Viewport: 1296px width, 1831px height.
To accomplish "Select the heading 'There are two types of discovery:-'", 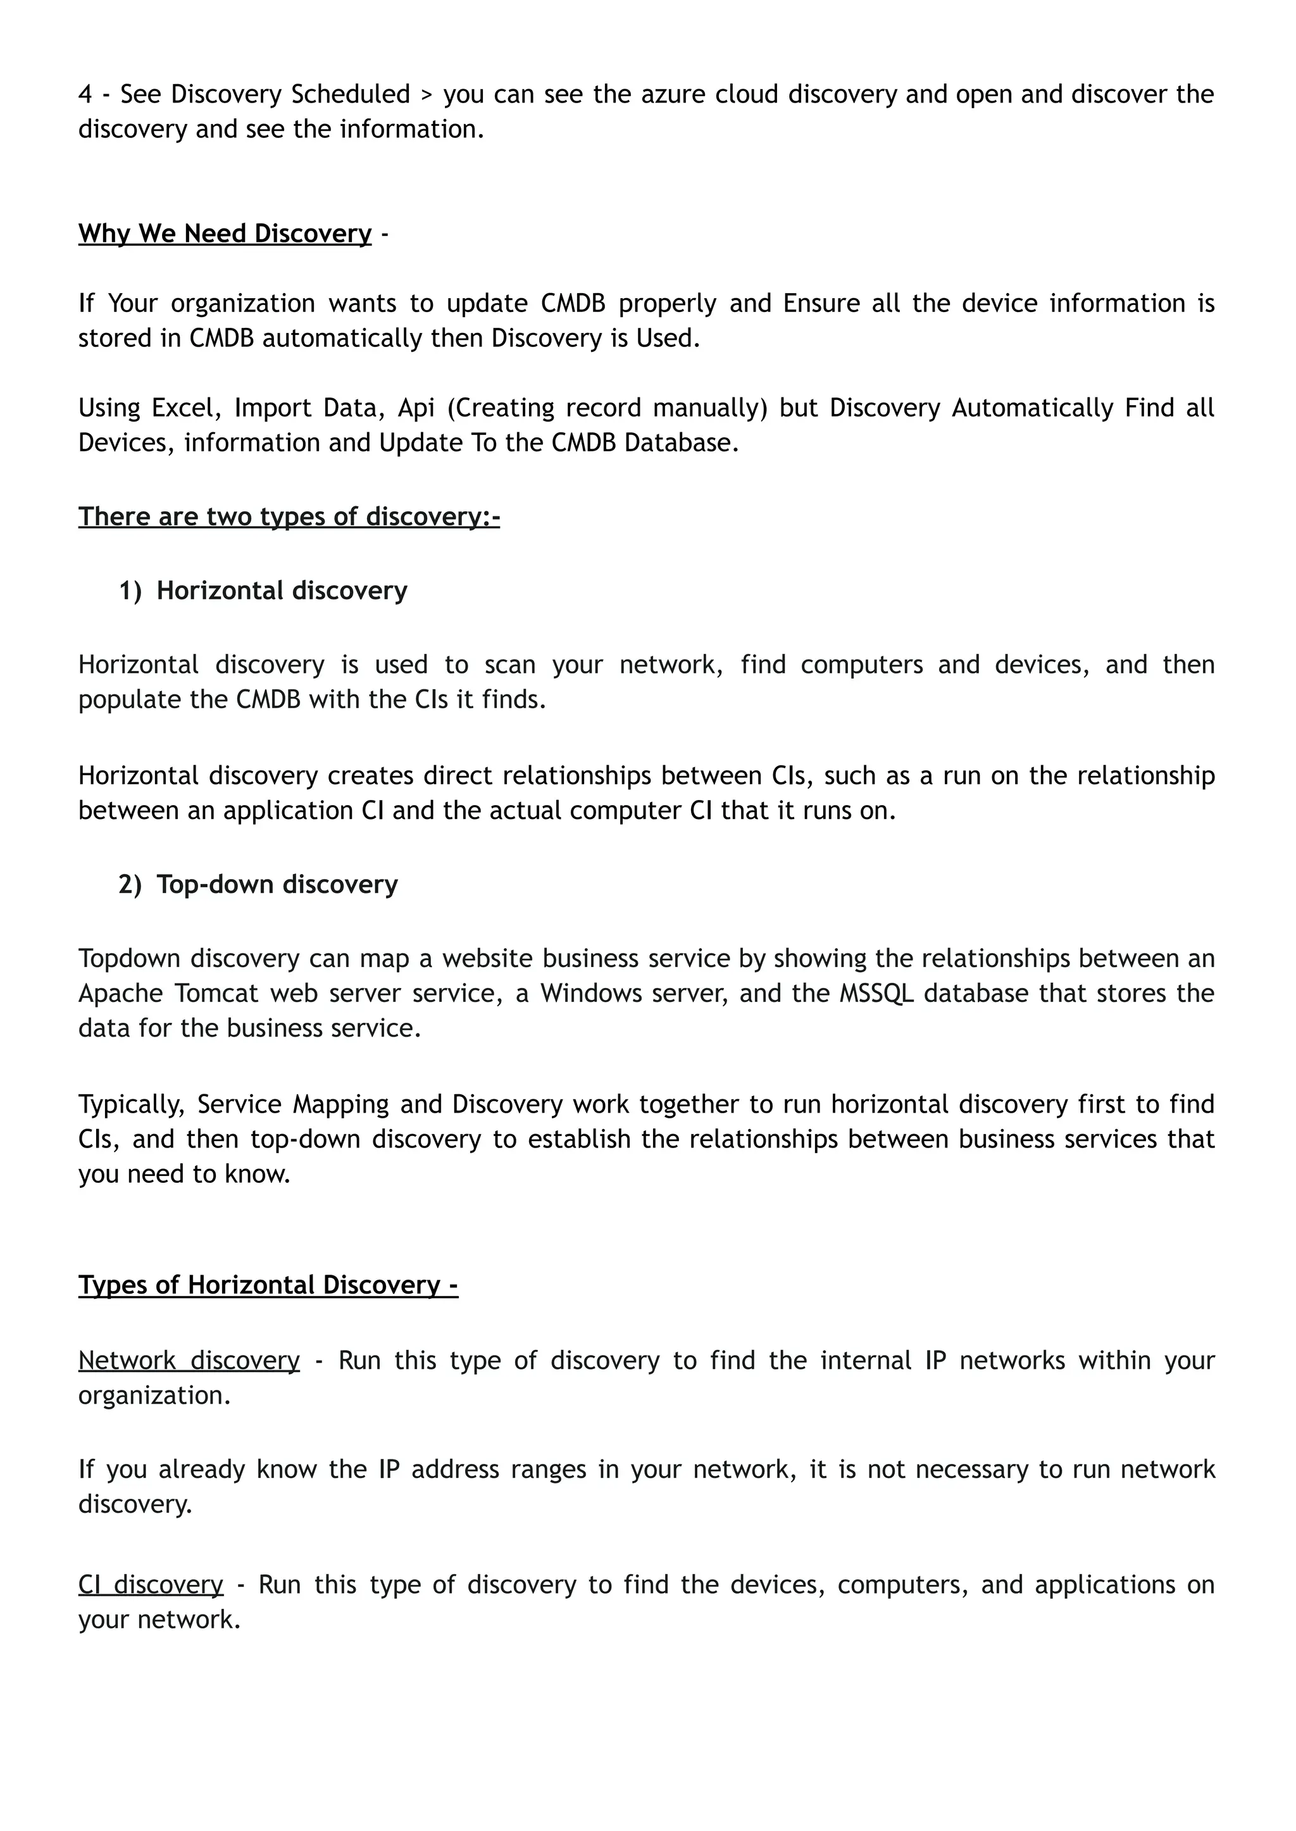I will coord(289,516).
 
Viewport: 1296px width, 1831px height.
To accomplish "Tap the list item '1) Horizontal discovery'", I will coord(263,591).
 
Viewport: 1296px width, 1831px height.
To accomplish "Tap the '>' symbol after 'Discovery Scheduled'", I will coord(426,95).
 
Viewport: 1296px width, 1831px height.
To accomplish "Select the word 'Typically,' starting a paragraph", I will coord(132,1104).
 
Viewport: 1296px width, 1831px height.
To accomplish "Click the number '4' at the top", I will coord(85,94).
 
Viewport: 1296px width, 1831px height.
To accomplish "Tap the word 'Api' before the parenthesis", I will coord(416,408).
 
